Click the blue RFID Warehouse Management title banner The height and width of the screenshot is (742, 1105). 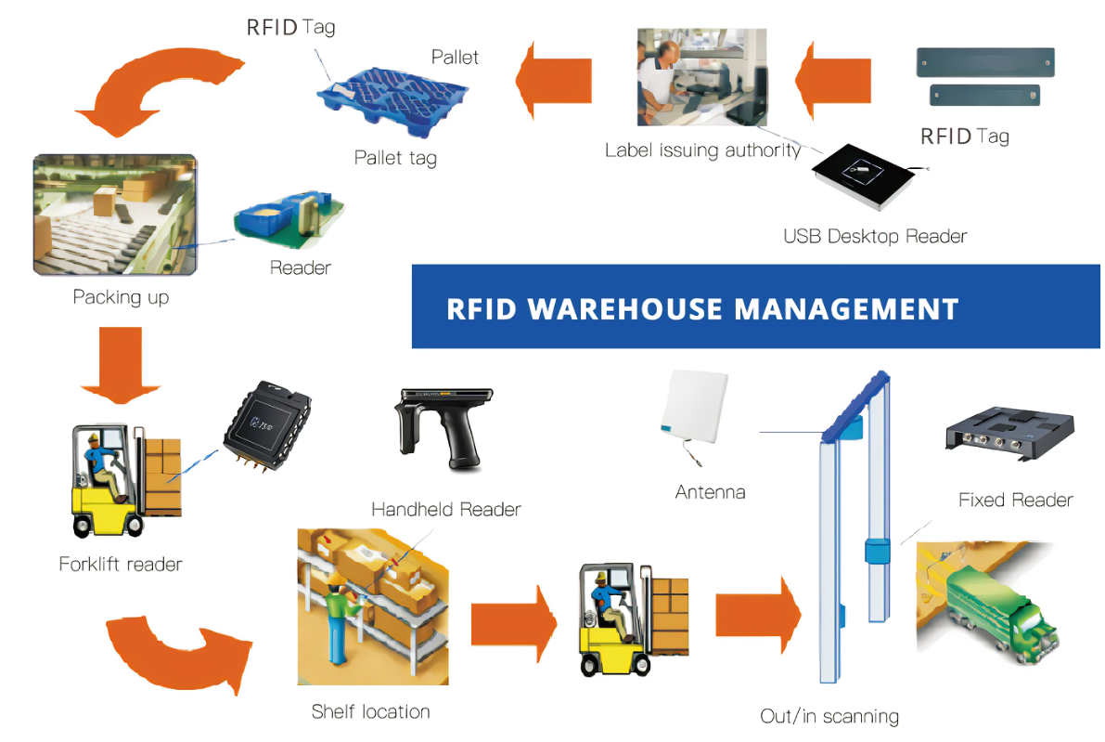[x=755, y=307]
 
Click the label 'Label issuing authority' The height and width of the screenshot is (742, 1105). [x=702, y=150]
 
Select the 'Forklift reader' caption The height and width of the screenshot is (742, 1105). [x=121, y=564]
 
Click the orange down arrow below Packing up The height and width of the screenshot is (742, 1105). [x=119, y=367]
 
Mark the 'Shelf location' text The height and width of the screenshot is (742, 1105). [x=370, y=712]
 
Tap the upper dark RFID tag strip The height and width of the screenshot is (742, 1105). [x=984, y=62]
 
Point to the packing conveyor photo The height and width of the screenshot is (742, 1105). [x=114, y=215]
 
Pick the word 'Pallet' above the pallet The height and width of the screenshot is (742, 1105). [x=455, y=58]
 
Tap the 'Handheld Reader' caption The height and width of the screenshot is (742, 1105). [x=445, y=509]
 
